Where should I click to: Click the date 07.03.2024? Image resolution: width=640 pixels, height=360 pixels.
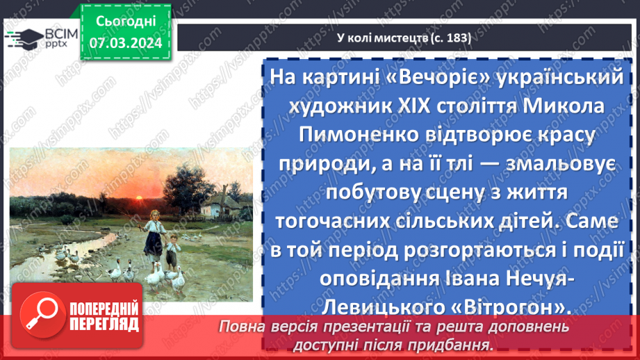[x=126, y=43]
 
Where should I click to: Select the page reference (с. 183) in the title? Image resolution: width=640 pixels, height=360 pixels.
[x=449, y=38]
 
